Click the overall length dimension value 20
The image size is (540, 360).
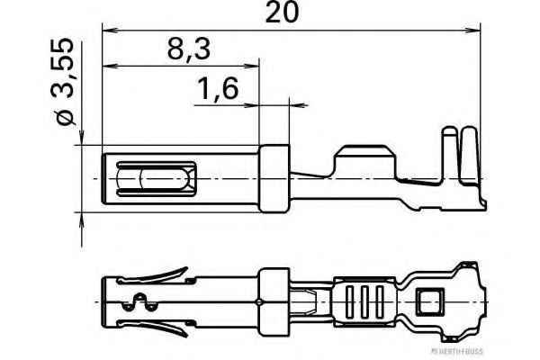(x=281, y=13)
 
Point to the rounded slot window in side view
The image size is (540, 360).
(x=155, y=179)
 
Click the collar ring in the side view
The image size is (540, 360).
(x=274, y=179)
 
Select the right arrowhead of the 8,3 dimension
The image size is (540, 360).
(x=256, y=67)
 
